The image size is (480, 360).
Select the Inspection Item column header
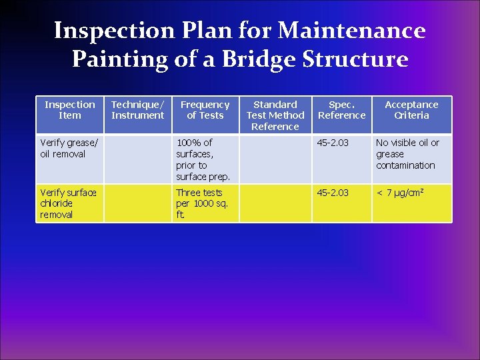coord(70,110)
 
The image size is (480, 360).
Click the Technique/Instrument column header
coord(137,110)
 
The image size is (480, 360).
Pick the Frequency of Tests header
coord(205,110)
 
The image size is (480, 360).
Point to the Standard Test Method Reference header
coord(275,115)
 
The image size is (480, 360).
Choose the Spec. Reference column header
coord(341,110)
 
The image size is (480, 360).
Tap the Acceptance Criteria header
coord(411,110)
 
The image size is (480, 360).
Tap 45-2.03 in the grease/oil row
coord(333,143)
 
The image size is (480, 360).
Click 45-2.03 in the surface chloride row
coord(333,193)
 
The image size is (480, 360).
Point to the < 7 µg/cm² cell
coord(401,193)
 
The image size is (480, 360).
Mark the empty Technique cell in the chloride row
coord(137,203)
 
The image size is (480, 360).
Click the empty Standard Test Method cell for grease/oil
coord(275,159)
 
